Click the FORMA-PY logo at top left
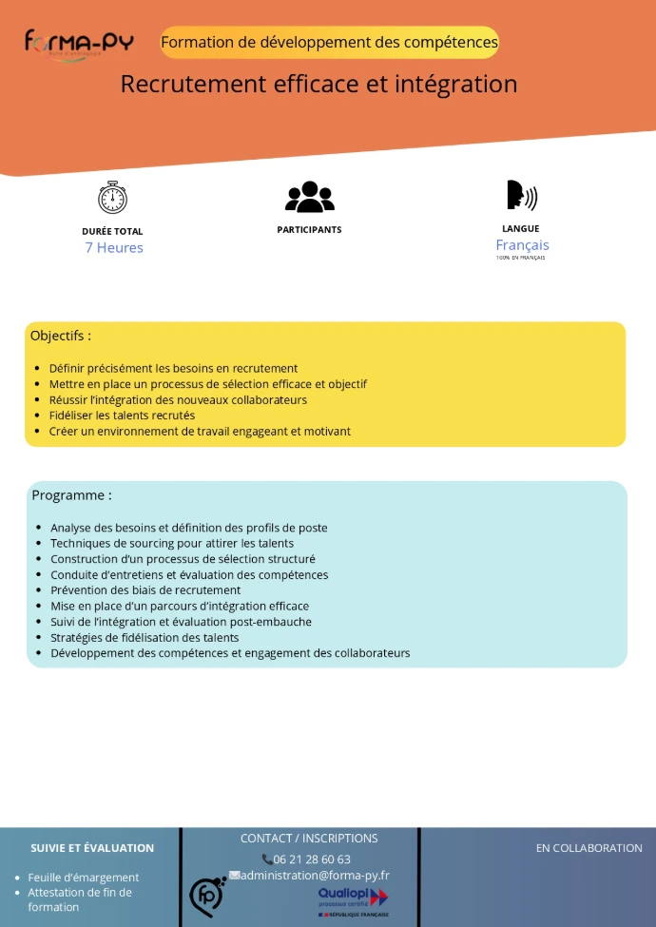coord(79,43)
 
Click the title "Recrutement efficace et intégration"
coord(318,84)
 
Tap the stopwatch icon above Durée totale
coord(112,197)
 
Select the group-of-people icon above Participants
coord(309,197)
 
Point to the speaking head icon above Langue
coord(521,195)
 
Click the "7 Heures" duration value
coord(114,248)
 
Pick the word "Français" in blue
coord(522,245)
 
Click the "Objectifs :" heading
coord(61,336)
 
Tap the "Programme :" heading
coord(71,495)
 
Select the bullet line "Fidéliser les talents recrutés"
coord(122,415)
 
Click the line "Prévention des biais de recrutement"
coord(145,590)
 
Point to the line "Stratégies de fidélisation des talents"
coord(145,638)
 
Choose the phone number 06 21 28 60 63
coord(312,859)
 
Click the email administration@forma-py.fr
coord(315,876)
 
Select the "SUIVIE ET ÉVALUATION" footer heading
coord(92,848)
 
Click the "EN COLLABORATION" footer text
coord(588,848)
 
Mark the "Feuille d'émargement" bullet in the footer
coord(84,878)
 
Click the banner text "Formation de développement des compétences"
coord(329,43)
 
